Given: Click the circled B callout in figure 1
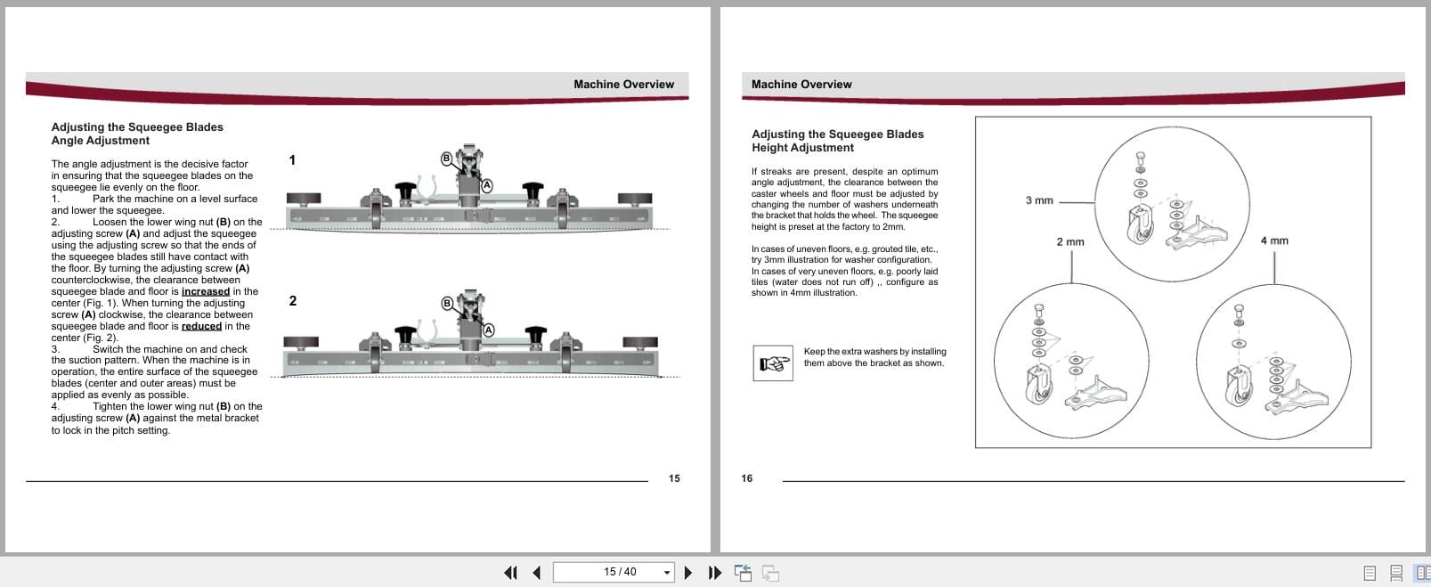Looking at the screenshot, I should pyautogui.click(x=447, y=158).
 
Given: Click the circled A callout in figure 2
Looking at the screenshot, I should pyautogui.click(x=488, y=330).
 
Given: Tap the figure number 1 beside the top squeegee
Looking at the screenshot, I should pyautogui.click(x=292, y=160).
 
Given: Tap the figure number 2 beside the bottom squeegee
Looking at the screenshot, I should pyautogui.click(x=293, y=301).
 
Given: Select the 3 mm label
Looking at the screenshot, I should pyautogui.click(x=1038, y=200).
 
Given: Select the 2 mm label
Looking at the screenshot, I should pyautogui.click(x=1069, y=241).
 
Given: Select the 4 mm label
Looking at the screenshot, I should pyautogui.click(x=1273, y=241).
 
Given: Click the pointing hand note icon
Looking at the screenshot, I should pyautogui.click(x=772, y=363).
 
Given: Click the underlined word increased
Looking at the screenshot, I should pyautogui.click(x=205, y=291).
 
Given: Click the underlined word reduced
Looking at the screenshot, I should pyautogui.click(x=201, y=326).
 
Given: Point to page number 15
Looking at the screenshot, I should pyautogui.click(x=674, y=478).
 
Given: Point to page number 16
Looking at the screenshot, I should pyautogui.click(x=746, y=478).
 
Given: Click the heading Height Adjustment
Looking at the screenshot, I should pyautogui.click(x=802, y=148).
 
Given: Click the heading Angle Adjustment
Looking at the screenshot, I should pyautogui.click(x=100, y=141).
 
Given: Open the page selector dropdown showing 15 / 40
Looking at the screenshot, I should pyautogui.click(x=667, y=572).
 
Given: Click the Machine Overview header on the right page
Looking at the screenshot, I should pyautogui.click(x=801, y=85).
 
